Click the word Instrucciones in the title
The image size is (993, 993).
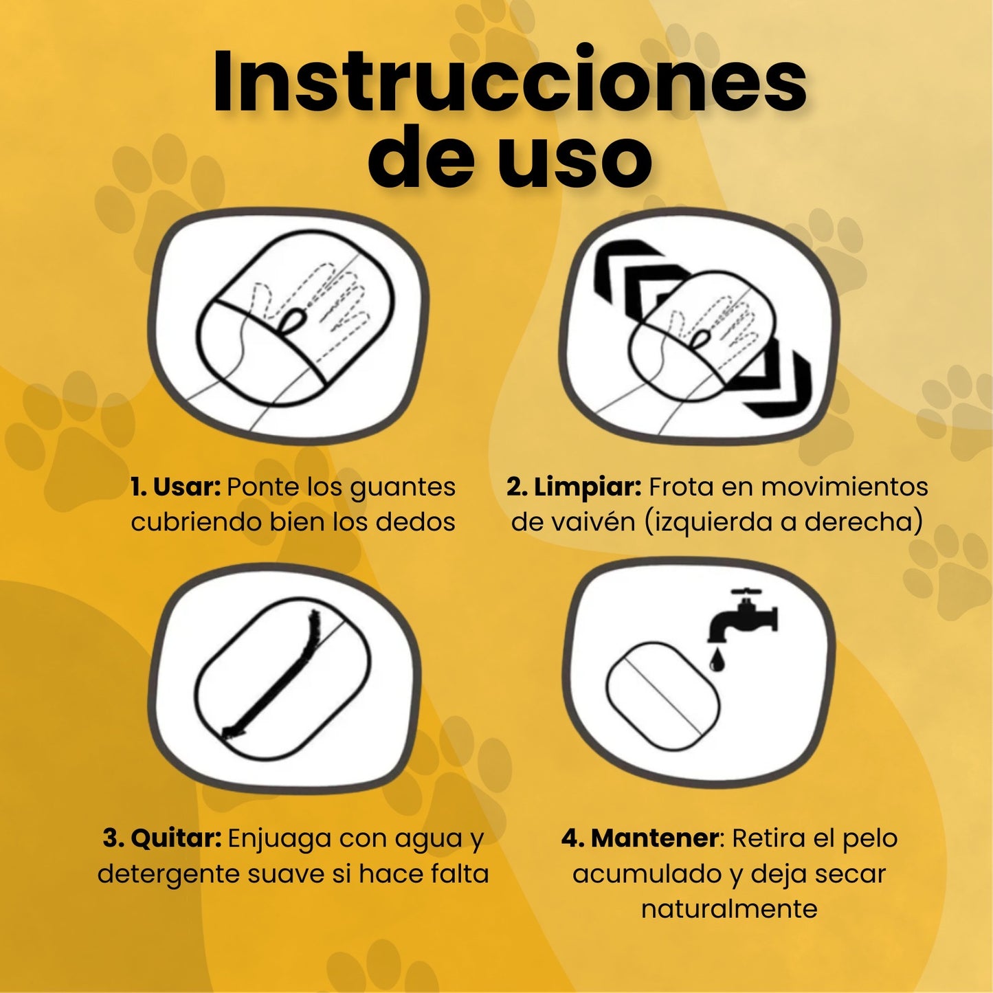[x=509, y=83]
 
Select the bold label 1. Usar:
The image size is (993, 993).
[x=175, y=487]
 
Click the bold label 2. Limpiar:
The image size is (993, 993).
[x=574, y=488]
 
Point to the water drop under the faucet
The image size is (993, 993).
[x=715, y=661]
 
